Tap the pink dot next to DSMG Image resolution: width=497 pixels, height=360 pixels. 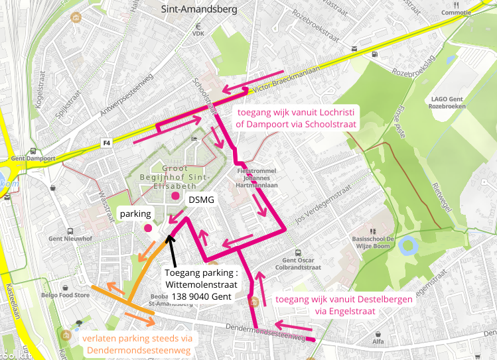[x=175, y=196]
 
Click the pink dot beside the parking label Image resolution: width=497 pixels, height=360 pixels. [x=148, y=228]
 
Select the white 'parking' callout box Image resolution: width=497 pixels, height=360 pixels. [x=136, y=214]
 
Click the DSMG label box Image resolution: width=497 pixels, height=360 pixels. [x=201, y=200]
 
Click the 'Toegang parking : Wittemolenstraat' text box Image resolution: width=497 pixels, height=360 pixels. [x=201, y=284]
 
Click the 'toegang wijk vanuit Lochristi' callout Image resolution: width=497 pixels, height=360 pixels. [x=297, y=118]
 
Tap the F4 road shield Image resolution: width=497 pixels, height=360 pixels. [x=106, y=143]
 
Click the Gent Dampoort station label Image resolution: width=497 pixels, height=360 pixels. [x=32, y=159]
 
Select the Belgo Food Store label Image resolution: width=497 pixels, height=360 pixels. [x=64, y=295]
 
